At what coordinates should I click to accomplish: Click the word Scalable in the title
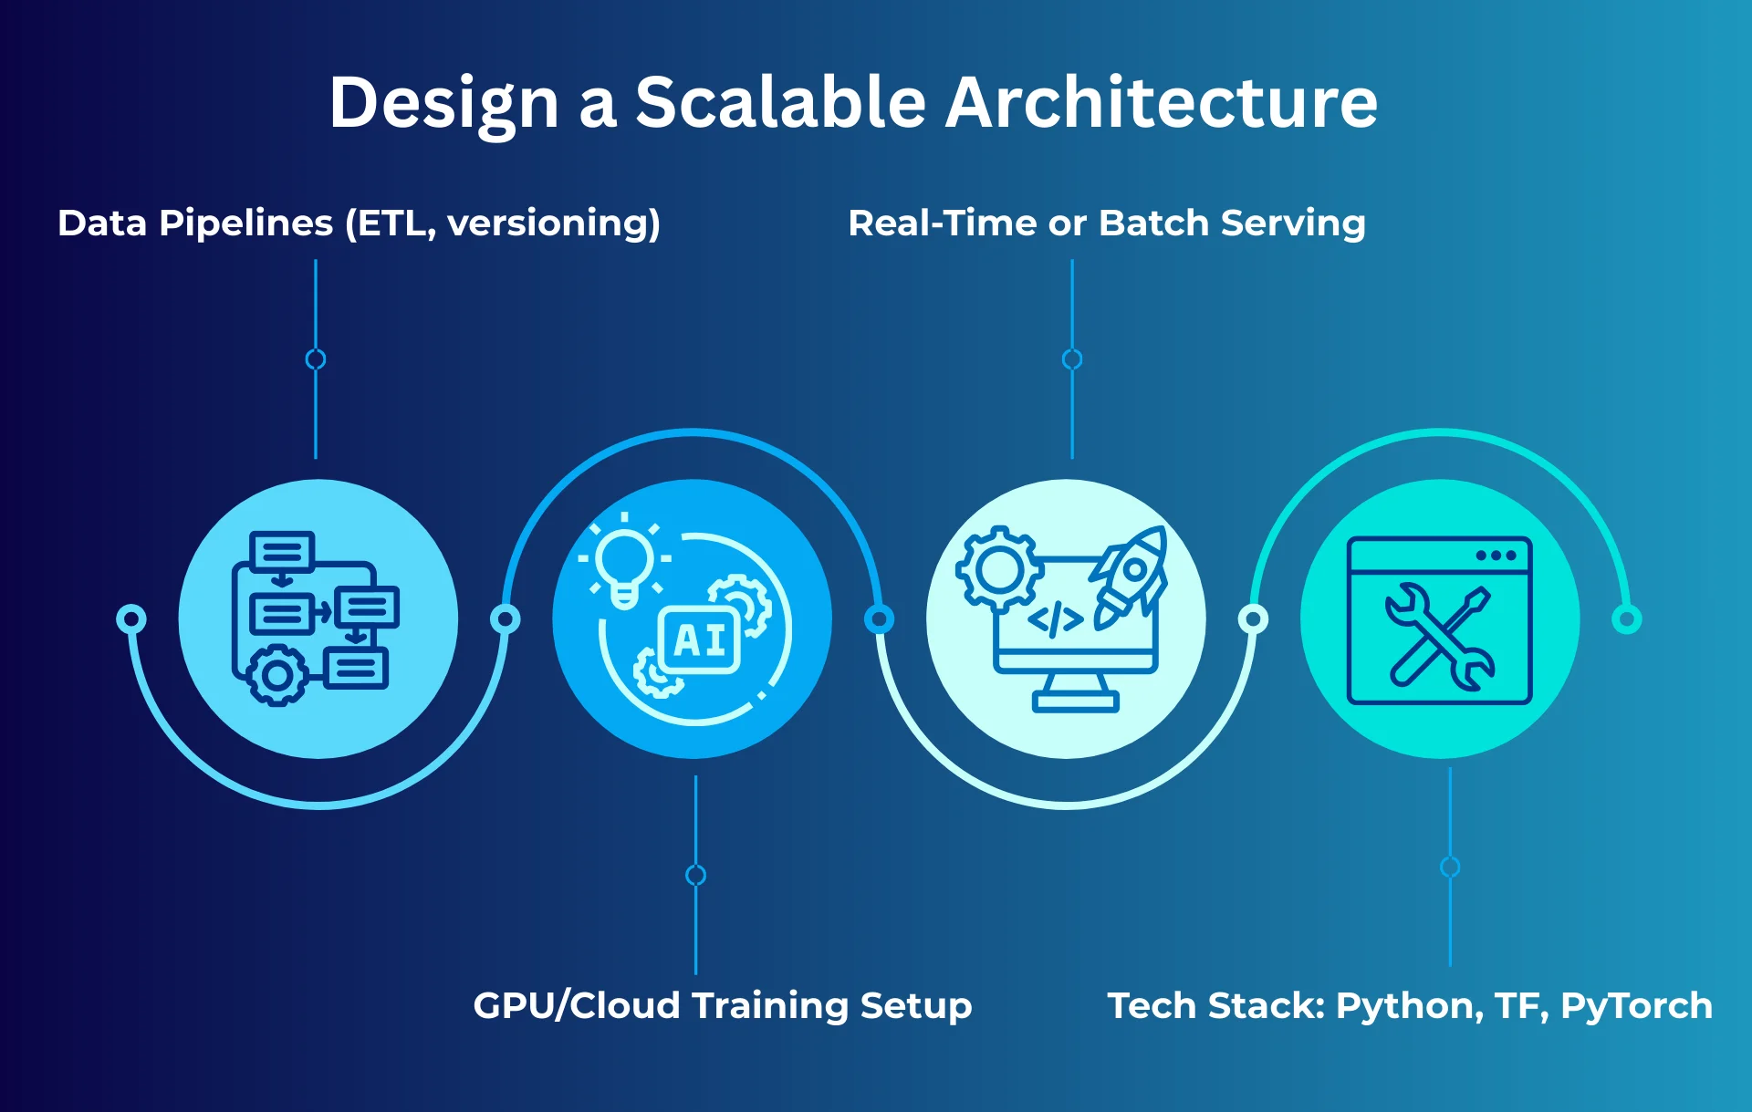click(x=780, y=102)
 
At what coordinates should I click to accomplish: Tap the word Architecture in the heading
click(x=1161, y=102)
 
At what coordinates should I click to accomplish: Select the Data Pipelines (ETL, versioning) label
click(x=359, y=223)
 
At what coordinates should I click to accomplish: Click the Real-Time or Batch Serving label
click(x=1106, y=223)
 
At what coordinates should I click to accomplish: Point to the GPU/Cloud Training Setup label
click(x=722, y=1005)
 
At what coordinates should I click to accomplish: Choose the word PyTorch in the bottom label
click(x=1636, y=1005)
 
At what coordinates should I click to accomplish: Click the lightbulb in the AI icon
click(x=624, y=561)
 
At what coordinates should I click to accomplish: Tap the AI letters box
click(x=700, y=640)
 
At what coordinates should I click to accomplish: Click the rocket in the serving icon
click(x=1131, y=575)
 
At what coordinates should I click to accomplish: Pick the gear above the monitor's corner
click(x=999, y=569)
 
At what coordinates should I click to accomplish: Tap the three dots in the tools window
click(x=1496, y=556)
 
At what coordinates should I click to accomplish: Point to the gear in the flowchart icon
click(x=277, y=676)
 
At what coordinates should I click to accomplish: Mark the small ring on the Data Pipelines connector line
click(x=316, y=359)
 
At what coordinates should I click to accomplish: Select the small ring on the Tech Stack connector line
click(x=1450, y=867)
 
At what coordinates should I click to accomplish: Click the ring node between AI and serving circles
click(x=879, y=619)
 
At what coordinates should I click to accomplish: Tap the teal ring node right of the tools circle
click(x=1626, y=619)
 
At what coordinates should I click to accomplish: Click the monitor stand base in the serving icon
click(x=1075, y=701)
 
